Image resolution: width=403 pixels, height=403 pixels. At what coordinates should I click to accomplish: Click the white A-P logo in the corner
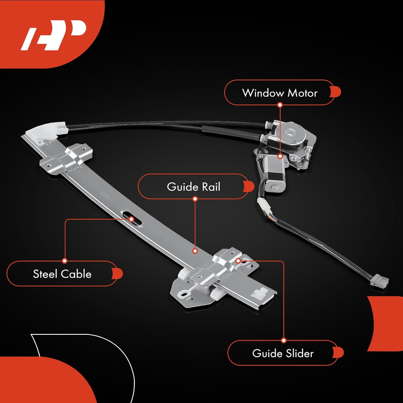[54, 35]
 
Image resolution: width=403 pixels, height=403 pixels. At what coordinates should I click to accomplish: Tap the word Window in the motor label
[263, 93]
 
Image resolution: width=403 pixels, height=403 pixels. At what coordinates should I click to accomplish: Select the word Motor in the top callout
[303, 93]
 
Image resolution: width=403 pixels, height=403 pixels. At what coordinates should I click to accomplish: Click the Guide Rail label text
[193, 187]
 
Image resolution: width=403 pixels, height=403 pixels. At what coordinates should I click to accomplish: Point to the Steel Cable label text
[62, 274]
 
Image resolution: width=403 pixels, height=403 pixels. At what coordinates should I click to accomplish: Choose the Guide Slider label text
[283, 353]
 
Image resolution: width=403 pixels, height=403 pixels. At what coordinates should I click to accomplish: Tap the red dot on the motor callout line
[280, 156]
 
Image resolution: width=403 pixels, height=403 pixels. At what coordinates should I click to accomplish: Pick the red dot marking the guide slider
[238, 261]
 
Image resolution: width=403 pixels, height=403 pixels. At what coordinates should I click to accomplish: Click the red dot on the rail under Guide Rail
[195, 251]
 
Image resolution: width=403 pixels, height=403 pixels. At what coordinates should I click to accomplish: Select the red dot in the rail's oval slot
[131, 219]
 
